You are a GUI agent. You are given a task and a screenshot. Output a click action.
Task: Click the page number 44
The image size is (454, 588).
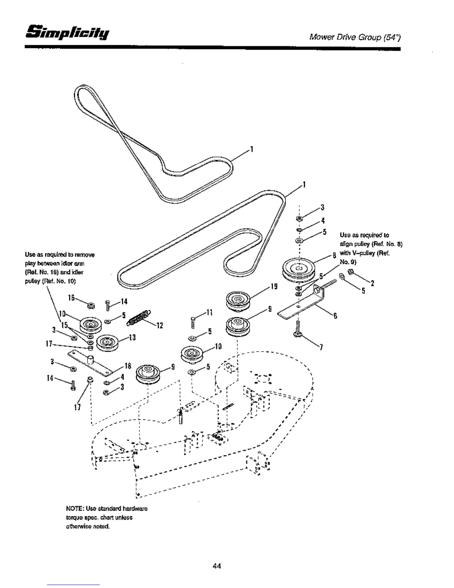tap(217, 566)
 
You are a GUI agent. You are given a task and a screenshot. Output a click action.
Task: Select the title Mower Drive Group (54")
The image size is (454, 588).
tap(355, 37)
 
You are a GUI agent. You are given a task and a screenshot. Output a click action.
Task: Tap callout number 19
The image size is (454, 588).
tap(274, 286)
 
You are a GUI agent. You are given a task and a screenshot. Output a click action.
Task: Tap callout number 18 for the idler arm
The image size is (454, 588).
tap(128, 366)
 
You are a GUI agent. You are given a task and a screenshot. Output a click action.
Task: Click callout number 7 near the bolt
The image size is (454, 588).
tap(321, 347)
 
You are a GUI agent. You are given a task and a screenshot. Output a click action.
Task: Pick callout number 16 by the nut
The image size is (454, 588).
tap(71, 298)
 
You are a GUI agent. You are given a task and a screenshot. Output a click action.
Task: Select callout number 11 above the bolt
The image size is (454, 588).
tap(209, 312)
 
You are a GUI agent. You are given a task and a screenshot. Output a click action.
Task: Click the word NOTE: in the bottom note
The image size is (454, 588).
tap(74, 508)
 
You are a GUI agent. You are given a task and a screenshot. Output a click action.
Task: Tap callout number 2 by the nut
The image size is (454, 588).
tap(372, 284)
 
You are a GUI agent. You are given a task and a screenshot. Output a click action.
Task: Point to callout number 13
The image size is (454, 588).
tap(132, 337)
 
